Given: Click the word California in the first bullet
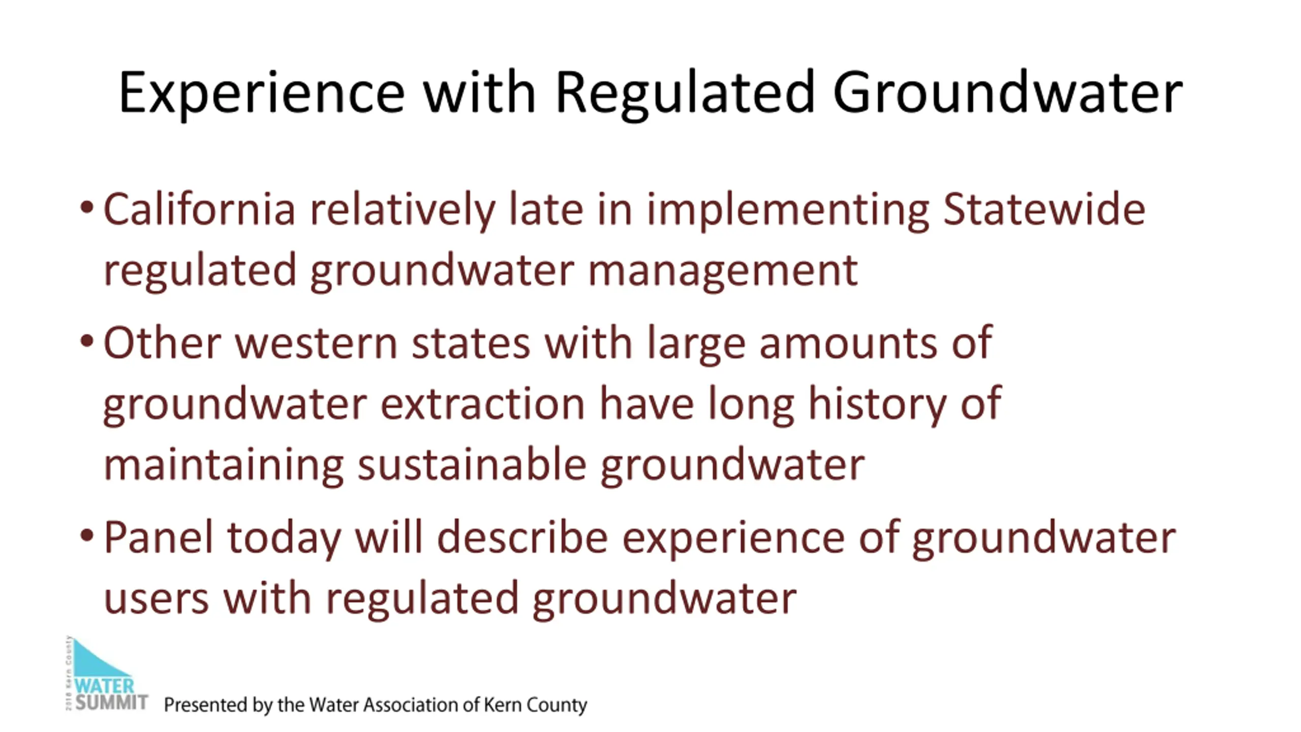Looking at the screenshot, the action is click(x=199, y=209).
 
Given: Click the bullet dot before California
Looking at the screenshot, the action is click(x=87, y=207).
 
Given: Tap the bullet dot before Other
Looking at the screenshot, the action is click(x=87, y=341).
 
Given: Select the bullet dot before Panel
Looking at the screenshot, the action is click(x=87, y=535).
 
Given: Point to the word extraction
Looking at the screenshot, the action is click(x=483, y=404).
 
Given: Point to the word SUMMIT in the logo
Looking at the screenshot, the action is click(x=112, y=703).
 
